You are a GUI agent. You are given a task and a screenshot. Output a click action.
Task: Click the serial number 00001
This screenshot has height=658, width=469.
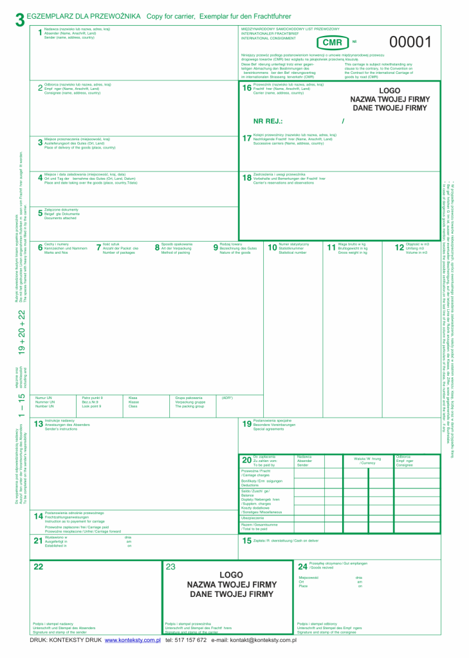click(410, 42)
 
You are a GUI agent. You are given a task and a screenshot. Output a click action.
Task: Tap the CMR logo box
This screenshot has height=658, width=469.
click(332, 42)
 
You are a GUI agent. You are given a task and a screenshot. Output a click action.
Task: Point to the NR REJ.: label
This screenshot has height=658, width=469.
click(268, 121)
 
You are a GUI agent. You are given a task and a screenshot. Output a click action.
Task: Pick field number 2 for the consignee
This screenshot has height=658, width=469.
click(40, 89)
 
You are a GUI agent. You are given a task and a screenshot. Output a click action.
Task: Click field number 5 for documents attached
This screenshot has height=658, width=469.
click(40, 214)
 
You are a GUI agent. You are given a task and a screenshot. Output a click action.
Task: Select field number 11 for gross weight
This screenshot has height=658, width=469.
click(331, 247)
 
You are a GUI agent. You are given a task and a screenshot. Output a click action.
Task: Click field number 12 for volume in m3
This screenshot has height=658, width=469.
click(399, 247)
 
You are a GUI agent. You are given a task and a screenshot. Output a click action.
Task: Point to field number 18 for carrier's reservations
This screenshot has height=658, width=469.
click(246, 178)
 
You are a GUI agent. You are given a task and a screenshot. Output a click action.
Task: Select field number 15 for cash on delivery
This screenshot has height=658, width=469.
click(246, 541)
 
